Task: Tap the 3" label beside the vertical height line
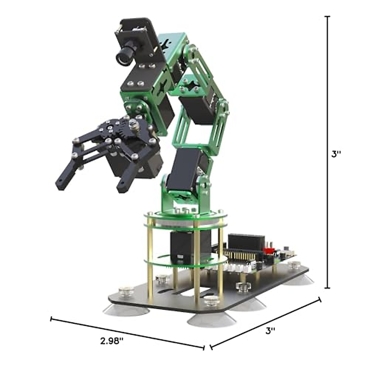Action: point(336,154)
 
